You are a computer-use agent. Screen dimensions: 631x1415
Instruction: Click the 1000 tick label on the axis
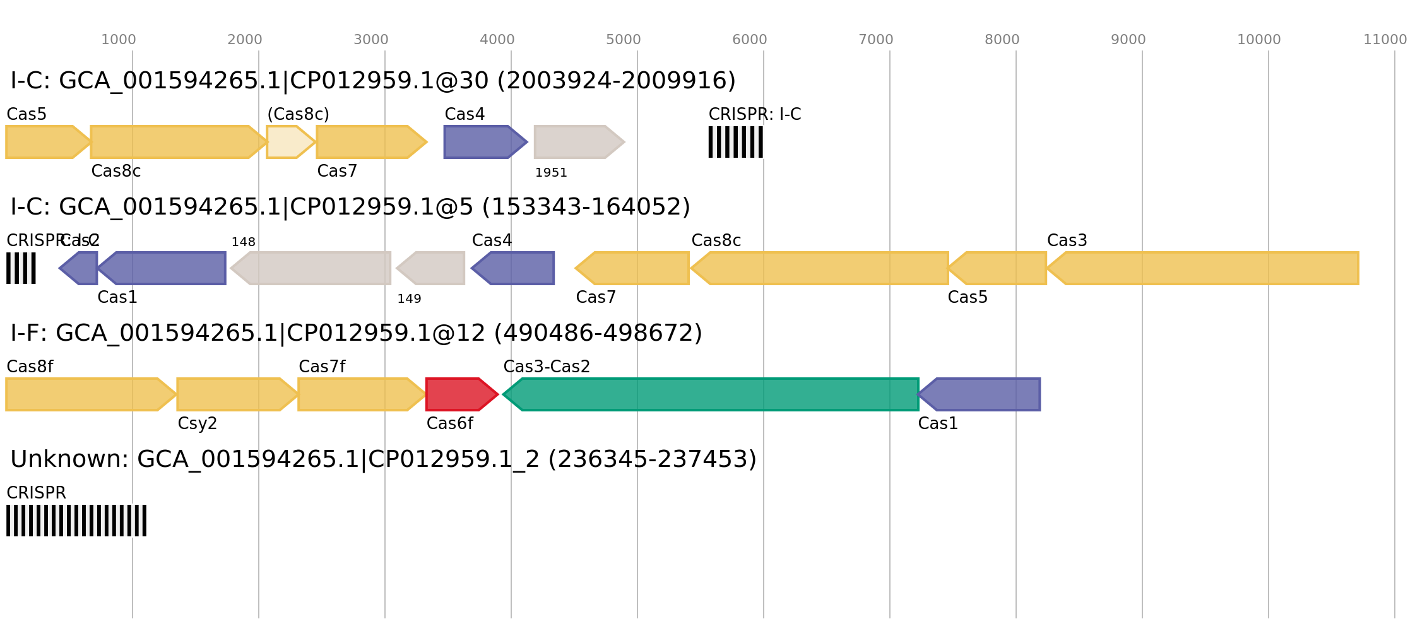118,40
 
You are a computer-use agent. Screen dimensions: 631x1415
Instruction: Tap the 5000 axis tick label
623,40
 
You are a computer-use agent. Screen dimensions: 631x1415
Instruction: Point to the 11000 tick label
1385,40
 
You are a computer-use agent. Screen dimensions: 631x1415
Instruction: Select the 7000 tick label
875,40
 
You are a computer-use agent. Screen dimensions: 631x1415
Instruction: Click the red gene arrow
459,394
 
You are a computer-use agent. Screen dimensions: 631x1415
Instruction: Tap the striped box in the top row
735,142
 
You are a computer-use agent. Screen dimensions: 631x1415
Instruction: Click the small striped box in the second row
21,268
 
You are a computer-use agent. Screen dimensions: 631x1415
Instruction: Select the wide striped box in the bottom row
76,521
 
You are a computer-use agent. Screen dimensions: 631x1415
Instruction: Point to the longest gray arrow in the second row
312,268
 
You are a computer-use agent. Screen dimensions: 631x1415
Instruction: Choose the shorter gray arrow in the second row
432,268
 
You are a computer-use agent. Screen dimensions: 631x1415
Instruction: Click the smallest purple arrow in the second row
80,268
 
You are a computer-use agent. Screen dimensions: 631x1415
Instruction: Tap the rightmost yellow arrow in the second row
1205,268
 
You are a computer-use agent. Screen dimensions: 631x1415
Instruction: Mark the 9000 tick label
1128,40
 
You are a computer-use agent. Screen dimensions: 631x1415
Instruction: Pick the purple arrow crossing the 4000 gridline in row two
514,268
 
